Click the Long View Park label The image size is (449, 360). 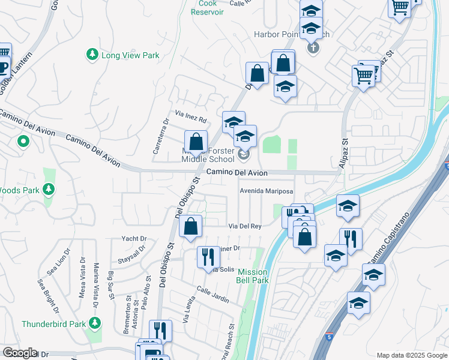click(x=130, y=55)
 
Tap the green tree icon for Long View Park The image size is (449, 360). click(x=92, y=55)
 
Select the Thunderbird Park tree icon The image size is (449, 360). click(x=94, y=324)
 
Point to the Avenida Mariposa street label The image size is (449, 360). click(x=266, y=191)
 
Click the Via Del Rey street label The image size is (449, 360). click(x=245, y=226)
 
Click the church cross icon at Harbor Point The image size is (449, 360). click(x=312, y=47)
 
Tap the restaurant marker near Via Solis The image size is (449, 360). click(x=208, y=257)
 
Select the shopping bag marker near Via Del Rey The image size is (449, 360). click(x=190, y=227)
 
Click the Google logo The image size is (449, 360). click(x=19, y=353)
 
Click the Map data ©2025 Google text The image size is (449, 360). click(x=411, y=355)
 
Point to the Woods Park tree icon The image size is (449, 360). click(x=49, y=190)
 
